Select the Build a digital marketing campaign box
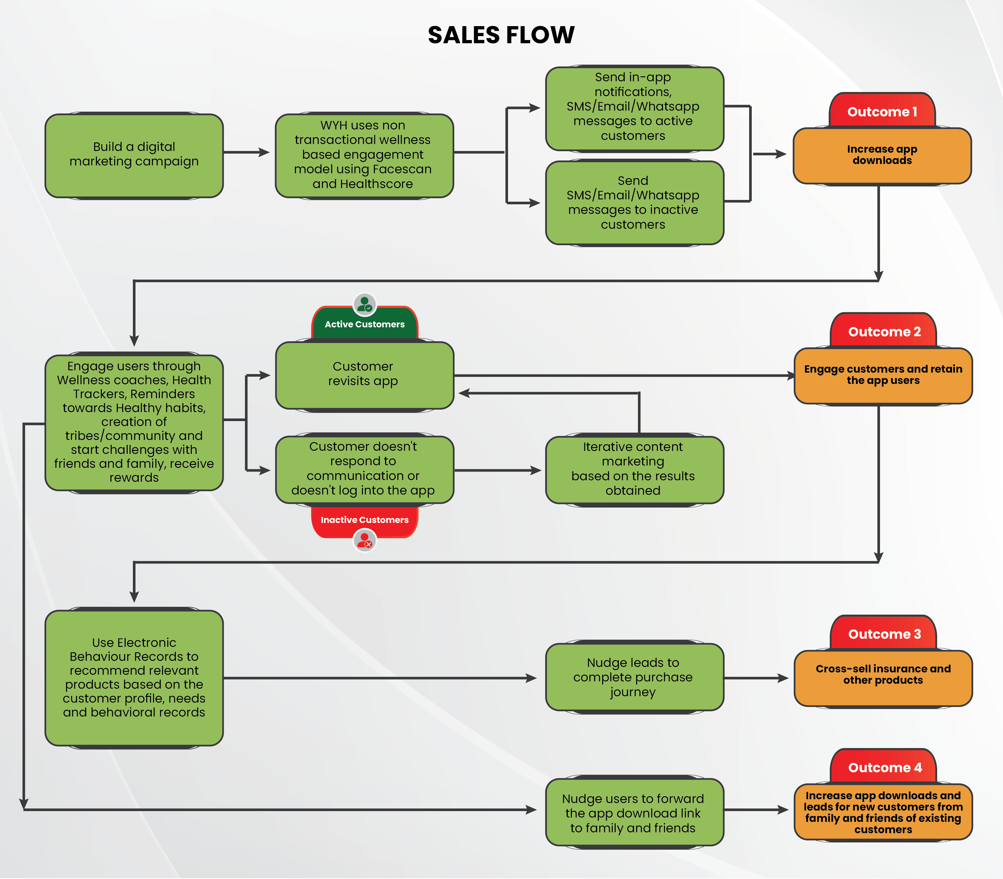(x=134, y=155)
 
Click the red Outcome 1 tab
(x=882, y=111)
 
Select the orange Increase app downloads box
(x=882, y=156)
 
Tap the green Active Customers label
(x=364, y=324)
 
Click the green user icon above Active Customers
(x=364, y=304)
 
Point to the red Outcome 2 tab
(x=884, y=332)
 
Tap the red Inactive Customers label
(x=364, y=520)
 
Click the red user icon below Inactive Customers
(x=364, y=541)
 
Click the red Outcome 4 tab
(x=884, y=767)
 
